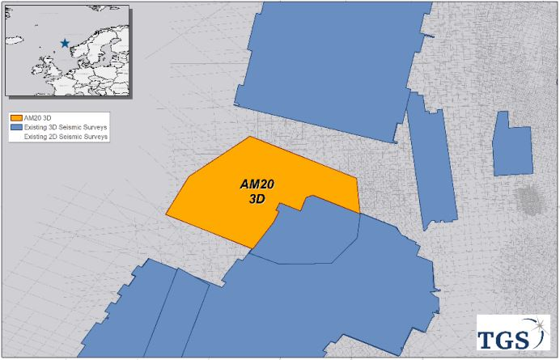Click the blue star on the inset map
click(65, 43)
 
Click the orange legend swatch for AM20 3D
click(16, 120)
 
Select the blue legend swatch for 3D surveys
click(16, 129)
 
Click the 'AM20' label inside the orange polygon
click(258, 185)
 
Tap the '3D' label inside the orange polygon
click(258, 198)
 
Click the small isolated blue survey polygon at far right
click(513, 146)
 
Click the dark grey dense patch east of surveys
click(528, 198)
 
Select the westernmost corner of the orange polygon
click(167, 215)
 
